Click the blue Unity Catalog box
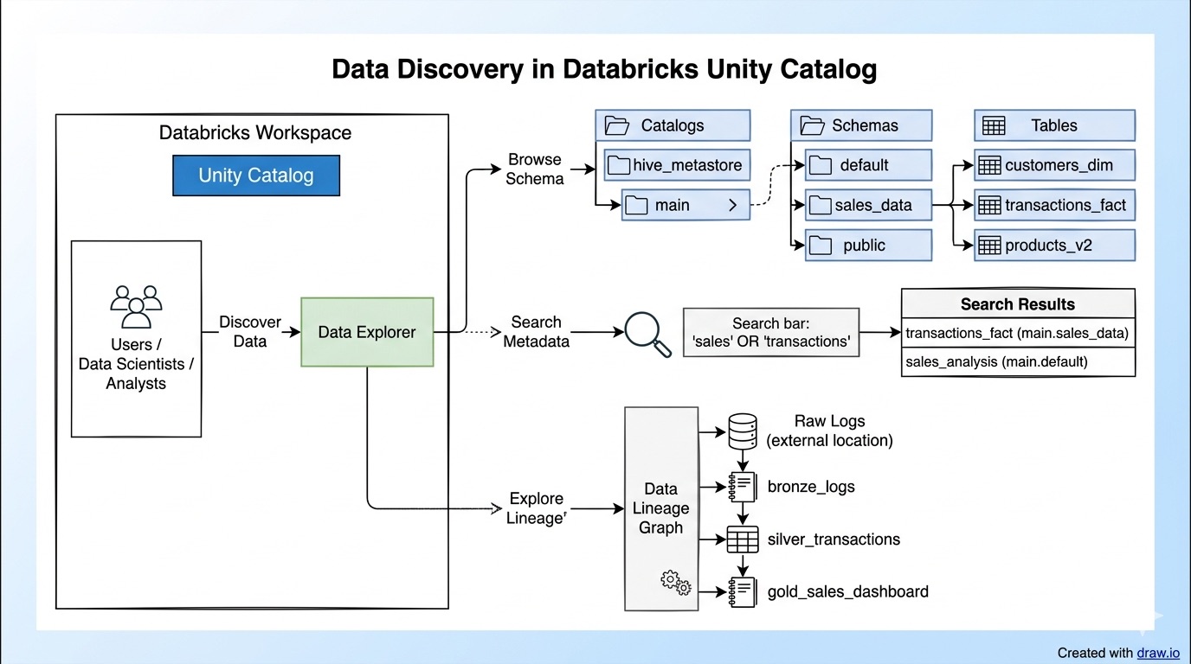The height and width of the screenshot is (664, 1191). click(255, 176)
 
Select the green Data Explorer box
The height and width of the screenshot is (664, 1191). click(367, 332)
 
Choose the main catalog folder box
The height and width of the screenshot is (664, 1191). click(685, 205)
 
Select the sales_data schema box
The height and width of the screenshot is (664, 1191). click(868, 205)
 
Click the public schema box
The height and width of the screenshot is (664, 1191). click(868, 245)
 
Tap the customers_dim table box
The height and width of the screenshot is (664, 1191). click(1053, 165)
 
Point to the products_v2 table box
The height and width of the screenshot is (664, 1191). click(1053, 245)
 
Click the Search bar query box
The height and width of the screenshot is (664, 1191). click(771, 332)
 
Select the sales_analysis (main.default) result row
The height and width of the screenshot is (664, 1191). click(1017, 362)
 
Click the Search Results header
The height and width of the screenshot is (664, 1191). click(1017, 304)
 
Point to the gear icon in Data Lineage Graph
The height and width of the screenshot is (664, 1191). click(676, 582)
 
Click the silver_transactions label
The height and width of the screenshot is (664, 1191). click(833, 539)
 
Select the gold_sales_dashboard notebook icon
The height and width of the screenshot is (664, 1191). click(742, 592)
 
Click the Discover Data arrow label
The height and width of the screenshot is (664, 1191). click(249, 332)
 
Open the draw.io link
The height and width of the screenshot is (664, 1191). click(1158, 653)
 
